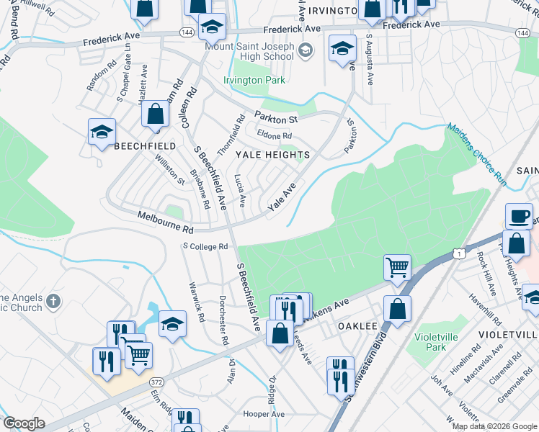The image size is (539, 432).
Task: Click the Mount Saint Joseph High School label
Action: click(249, 51)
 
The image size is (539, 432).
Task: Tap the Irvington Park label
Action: click(254, 80)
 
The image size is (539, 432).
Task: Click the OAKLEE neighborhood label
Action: click(358, 326)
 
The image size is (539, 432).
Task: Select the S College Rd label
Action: click(205, 246)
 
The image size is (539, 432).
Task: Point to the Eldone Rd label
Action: click(274, 135)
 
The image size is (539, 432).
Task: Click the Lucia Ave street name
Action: click(241, 189)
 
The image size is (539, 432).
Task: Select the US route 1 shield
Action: click(458, 253)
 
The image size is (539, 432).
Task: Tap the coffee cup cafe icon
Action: click(519, 216)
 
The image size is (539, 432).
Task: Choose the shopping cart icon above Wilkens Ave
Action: click(397, 268)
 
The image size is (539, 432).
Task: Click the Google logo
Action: click(24, 423)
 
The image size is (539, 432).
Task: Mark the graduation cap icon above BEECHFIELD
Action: click(102, 132)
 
